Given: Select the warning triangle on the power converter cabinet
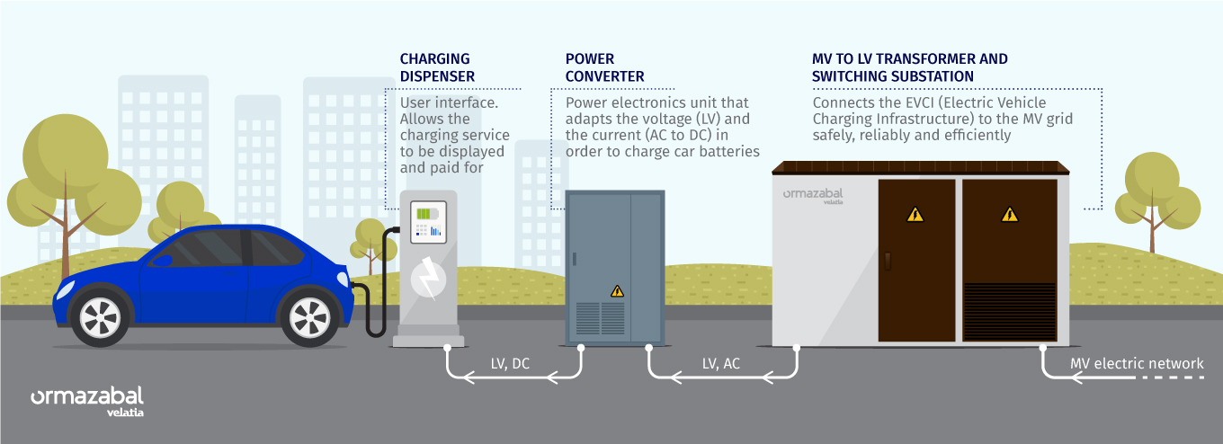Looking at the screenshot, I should (x=617, y=290).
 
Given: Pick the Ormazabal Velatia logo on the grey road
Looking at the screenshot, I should (x=87, y=400).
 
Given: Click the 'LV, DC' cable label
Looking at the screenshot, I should (x=511, y=363).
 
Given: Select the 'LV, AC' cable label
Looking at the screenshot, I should (x=722, y=363).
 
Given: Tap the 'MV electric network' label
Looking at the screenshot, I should (x=1137, y=363).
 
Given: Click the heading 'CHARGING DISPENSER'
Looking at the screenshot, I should (x=437, y=67).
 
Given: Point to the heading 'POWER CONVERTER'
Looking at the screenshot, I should (x=604, y=67).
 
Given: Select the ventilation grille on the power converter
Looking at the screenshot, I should (x=601, y=319).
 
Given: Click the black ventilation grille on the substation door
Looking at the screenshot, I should (x=1010, y=311).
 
